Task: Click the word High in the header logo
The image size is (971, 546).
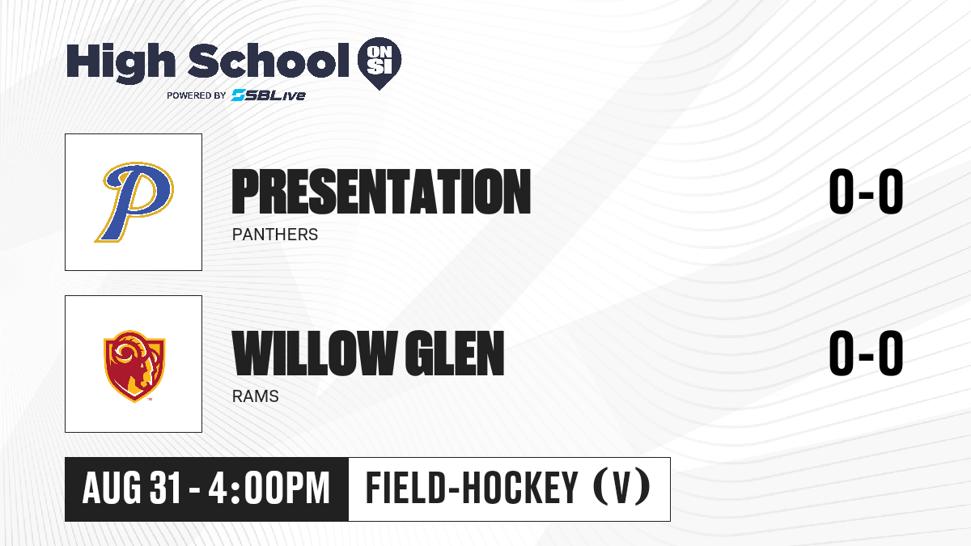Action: coord(121,63)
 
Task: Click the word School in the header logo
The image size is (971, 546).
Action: coord(269,60)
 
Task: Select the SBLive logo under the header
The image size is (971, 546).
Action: coord(269,95)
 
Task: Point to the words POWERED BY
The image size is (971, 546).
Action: coord(197,95)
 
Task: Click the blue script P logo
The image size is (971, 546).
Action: coord(134,202)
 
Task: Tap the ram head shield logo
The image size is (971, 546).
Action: coord(134,366)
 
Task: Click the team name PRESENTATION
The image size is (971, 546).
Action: coord(381,191)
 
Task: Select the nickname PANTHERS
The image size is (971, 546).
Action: coord(275,235)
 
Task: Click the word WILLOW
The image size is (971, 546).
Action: coord(315,353)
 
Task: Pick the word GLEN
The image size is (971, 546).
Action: coord(454,353)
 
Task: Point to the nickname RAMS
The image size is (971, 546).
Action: coord(256,396)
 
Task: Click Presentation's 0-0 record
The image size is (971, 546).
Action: coord(866,191)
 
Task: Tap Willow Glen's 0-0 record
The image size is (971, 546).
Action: coord(866,353)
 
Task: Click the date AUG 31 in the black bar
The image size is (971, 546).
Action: coord(131,489)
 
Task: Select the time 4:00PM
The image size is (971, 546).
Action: coord(269,489)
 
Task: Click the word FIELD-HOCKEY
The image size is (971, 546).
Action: coord(472,488)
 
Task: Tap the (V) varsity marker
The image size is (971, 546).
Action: coord(621,488)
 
